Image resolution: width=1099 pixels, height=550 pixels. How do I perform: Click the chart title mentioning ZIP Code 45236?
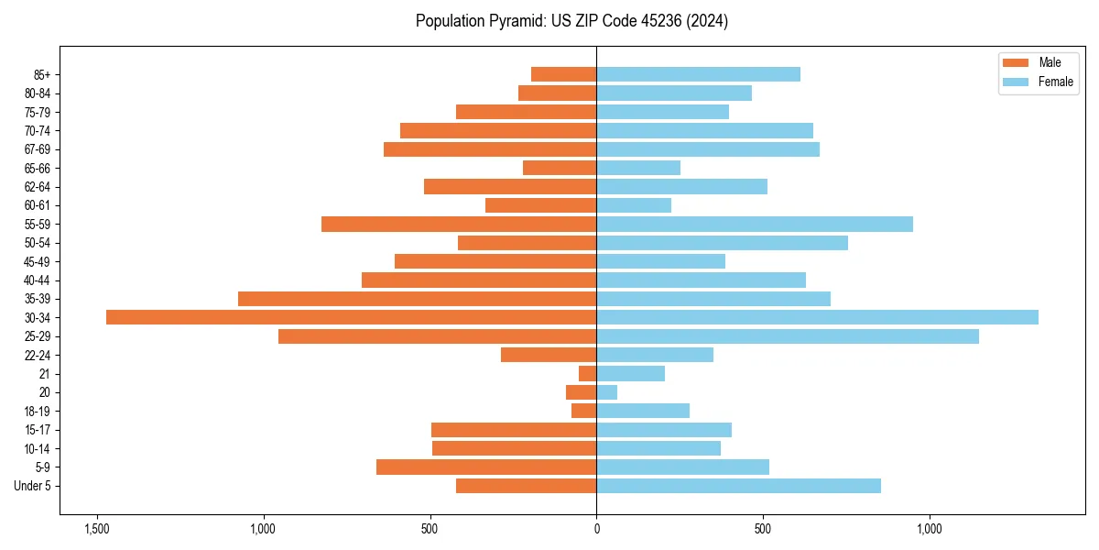(x=571, y=21)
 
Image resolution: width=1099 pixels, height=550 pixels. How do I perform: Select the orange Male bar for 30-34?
(x=351, y=317)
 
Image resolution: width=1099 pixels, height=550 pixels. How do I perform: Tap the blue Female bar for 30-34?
(x=817, y=317)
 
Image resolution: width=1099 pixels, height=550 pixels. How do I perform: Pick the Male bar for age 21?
(x=587, y=374)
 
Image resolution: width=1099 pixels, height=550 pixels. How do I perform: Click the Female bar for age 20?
(x=606, y=392)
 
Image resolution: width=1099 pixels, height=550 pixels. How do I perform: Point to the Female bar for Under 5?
(x=738, y=486)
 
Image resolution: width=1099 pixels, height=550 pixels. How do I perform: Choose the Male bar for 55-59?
(x=459, y=224)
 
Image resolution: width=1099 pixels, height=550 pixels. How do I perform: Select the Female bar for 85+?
(x=698, y=74)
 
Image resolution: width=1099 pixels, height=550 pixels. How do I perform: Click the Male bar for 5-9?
(x=486, y=467)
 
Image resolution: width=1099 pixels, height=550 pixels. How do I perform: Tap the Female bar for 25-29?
(x=788, y=336)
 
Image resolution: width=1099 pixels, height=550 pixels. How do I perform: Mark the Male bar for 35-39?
(x=417, y=299)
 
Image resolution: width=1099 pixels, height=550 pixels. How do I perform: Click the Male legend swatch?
(x=1016, y=62)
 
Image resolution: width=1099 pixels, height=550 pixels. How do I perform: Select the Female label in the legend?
(x=1055, y=82)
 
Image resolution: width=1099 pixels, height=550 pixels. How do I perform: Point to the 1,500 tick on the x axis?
(x=96, y=529)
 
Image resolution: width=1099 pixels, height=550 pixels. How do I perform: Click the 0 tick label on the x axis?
(x=596, y=529)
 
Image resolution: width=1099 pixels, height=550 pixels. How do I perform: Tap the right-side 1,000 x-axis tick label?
(x=930, y=529)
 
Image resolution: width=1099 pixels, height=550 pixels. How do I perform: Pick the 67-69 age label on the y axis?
(x=38, y=149)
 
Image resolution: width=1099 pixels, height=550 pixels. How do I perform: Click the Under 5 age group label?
(x=32, y=486)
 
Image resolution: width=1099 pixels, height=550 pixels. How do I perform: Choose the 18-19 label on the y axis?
(x=38, y=412)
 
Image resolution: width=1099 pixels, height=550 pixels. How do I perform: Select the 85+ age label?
(x=41, y=74)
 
